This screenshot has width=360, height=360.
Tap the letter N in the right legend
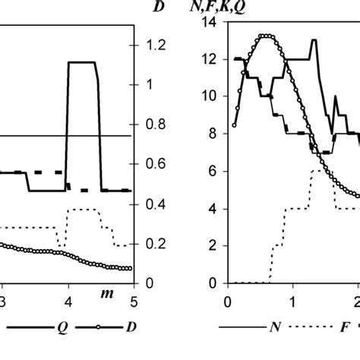pos(273,331)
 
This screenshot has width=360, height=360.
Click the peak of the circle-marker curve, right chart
pos(265,36)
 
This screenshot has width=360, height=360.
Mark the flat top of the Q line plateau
pos(81,62)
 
